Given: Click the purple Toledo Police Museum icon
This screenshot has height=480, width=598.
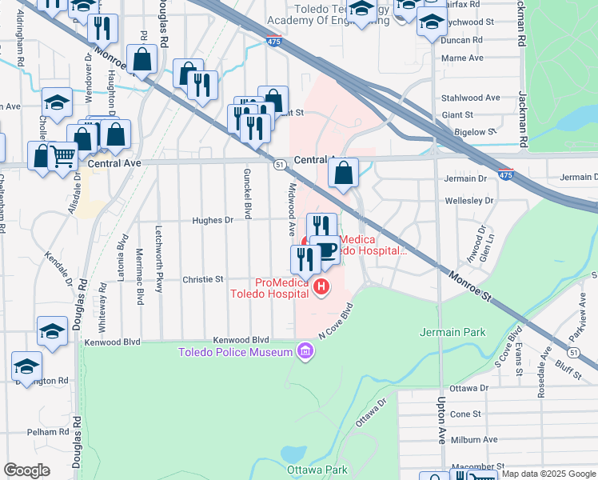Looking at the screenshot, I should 305,351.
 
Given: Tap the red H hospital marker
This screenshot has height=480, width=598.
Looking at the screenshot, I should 321,286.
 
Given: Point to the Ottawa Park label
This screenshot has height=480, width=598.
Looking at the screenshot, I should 317,470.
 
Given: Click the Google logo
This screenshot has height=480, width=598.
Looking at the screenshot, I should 26,470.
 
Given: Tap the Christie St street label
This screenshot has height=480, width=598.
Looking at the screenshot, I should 203,279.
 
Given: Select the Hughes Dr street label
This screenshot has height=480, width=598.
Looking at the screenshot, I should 212,220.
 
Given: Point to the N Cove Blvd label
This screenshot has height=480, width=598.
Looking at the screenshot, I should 336,321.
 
